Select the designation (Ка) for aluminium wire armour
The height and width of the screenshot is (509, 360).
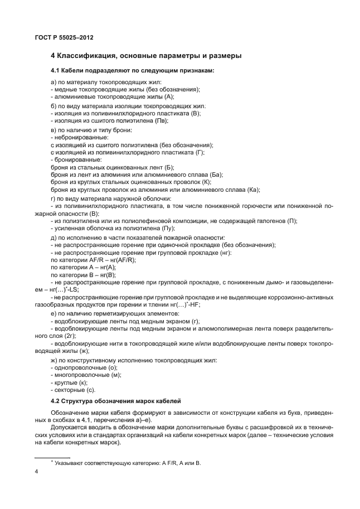pyautogui.click(x=254, y=190)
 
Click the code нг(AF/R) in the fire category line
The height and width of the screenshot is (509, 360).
pyautogui.click(x=120, y=260)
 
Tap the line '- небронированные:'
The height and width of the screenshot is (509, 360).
pyautogui.click(x=80, y=136)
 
